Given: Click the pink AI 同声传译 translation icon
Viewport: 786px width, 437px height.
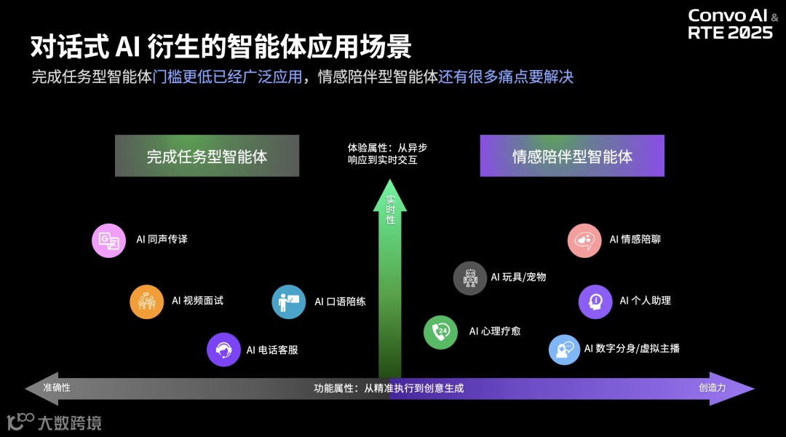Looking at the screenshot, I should tap(109, 240).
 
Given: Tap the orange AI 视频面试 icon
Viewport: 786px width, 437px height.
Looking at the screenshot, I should tap(147, 302).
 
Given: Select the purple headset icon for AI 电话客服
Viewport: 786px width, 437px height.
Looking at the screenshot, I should tap(224, 350).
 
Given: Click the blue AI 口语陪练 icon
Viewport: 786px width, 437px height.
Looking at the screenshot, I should tap(289, 302).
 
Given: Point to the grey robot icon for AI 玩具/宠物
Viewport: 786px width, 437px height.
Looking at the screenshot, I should tap(470, 277).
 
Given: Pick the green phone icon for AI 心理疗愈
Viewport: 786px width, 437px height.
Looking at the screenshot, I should tap(440, 332).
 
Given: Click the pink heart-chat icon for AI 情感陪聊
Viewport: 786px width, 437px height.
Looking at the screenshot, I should tap(584, 240).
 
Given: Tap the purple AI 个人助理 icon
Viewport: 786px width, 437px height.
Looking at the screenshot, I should tap(595, 302).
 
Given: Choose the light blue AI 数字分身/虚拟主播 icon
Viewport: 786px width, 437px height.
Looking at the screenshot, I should tap(565, 349).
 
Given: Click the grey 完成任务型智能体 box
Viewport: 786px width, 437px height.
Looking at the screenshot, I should tap(207, 156).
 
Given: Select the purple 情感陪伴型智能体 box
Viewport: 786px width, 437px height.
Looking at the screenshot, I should tap(572, 156).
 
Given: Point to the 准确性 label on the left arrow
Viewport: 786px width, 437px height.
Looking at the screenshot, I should tap(57, 387).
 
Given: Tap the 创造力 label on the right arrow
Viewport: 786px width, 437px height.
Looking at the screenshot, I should tap(712, 387).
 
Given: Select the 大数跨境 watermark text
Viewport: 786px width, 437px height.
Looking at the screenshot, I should tap(69, 422).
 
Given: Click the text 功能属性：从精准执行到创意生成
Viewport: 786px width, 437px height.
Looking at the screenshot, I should tap(389, 388).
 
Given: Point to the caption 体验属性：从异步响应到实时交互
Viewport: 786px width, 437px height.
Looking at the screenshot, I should tap(387, 154).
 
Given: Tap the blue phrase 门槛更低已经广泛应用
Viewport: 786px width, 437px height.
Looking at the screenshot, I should tap(227, 76).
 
